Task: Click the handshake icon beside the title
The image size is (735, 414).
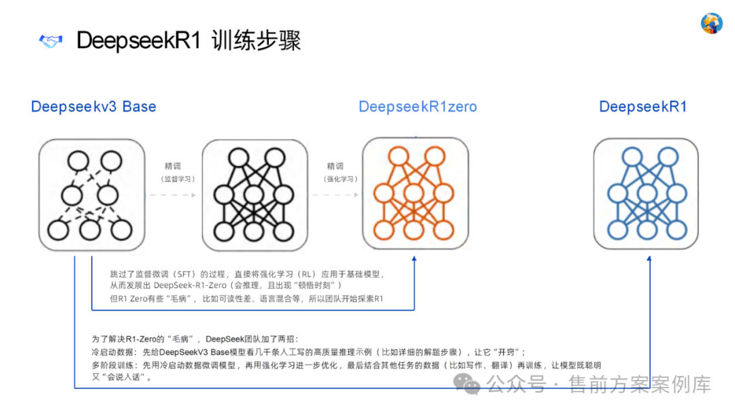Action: point(50,41)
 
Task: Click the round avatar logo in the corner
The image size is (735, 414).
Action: point(711,23)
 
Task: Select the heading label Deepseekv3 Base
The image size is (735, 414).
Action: point(93,107)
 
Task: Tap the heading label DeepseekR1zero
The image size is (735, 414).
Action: point(417,107)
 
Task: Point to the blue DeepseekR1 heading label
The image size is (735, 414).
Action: point(642,107)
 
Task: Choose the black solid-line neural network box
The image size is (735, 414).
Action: point(252,195)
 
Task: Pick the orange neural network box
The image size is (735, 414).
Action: point(414,193)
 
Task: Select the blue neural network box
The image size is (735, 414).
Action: point(646,193)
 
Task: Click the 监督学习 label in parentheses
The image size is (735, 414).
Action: point(178,179)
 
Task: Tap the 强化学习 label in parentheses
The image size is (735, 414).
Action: point(340,179)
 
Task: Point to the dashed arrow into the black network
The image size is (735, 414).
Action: point(174,195)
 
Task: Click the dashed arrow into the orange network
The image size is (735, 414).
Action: point(336,195)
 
